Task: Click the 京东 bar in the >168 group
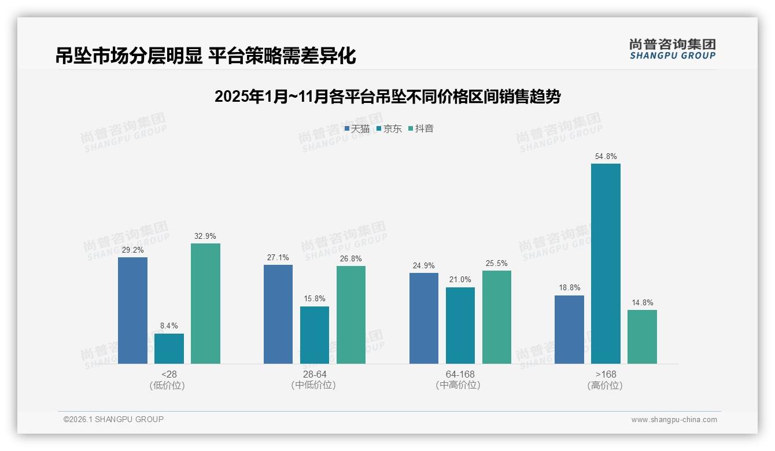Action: tap(606, 264)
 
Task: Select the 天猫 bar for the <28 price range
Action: tap(132, 310)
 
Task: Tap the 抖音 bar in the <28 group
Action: tap(205, 304)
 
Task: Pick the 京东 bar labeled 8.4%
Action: tap(169, 349)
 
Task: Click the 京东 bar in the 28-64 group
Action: tap(315, 335)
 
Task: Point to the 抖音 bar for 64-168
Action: tap(497, 317)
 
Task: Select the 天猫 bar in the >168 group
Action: tap(569, 330)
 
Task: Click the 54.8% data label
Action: tap(606, 157)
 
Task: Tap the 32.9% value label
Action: tap(205, 236)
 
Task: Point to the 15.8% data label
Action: tap(315, 299)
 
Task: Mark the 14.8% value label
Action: tap(642, 302)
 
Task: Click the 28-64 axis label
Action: tap(314, 374)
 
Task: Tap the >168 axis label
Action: tap(606, 374)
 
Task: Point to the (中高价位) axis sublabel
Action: tap(460, 385)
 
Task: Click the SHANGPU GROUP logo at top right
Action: tap(672, 49)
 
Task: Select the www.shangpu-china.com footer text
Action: tap(674, 420)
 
